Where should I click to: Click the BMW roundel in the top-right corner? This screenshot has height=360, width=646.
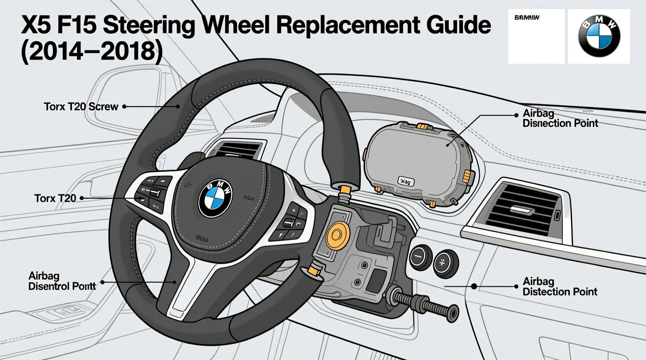coord(599,36)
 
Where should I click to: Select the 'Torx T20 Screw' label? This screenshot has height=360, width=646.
coord(81,107)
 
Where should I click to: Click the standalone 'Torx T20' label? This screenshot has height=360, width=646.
coord(55,198)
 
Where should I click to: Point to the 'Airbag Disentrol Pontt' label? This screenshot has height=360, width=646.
coord(62,281)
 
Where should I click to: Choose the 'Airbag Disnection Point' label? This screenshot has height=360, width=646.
coord(560,118)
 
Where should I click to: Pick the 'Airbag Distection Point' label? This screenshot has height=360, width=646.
coord(559,286)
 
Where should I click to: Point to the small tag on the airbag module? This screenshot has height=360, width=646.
coord(406,181)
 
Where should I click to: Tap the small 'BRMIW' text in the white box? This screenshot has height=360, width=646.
coord(526,17)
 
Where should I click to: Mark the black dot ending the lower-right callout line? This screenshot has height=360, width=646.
coord(474,286)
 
